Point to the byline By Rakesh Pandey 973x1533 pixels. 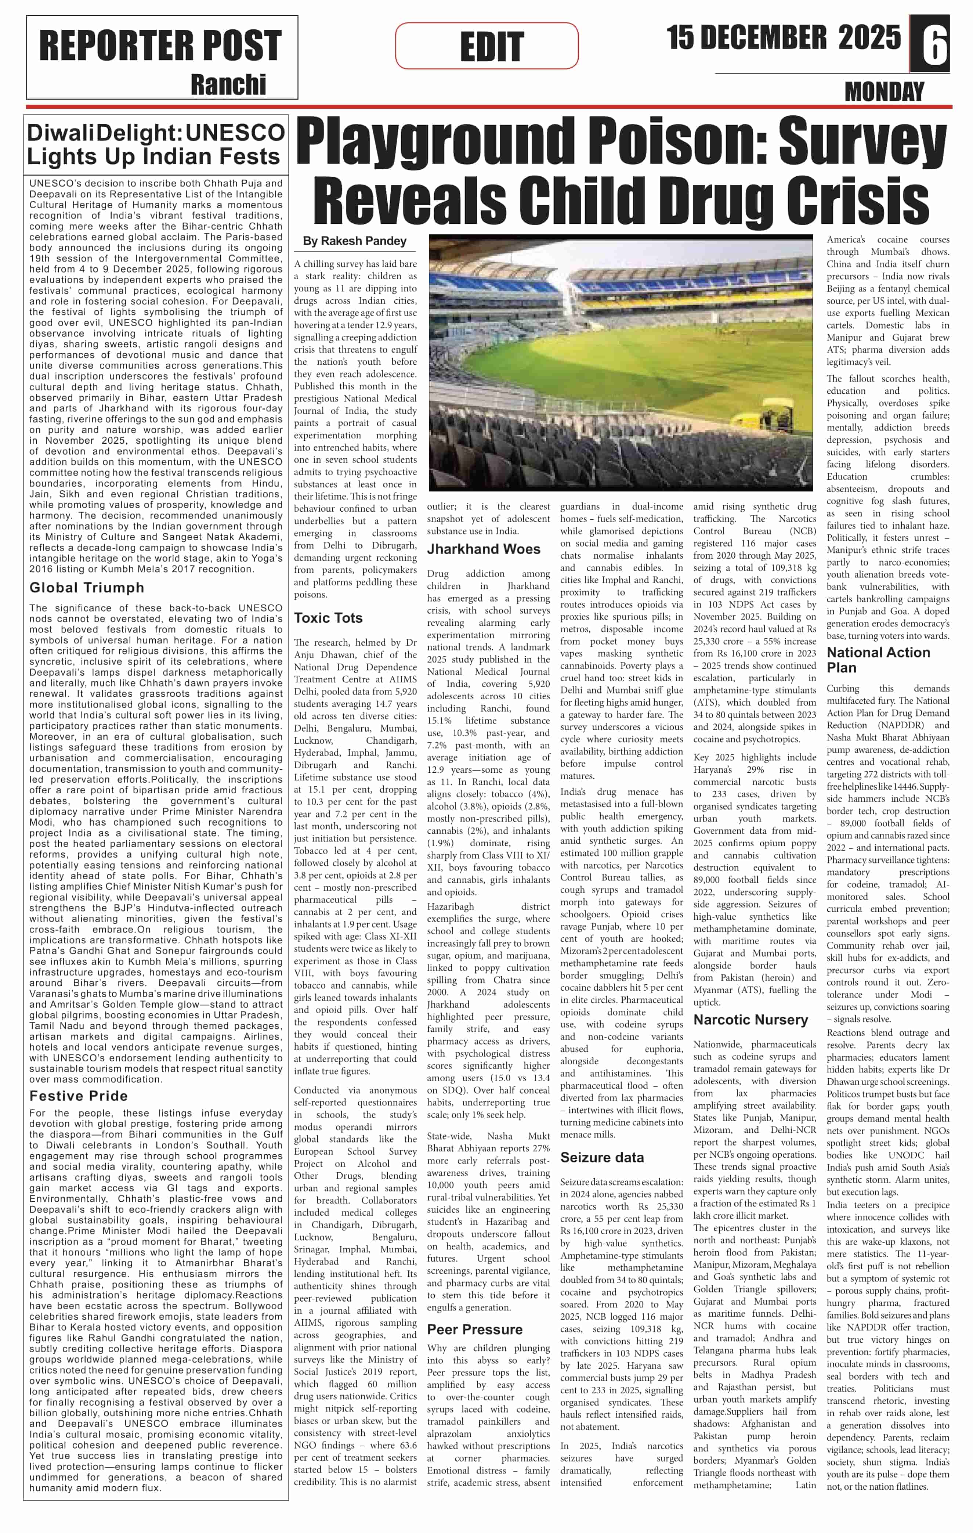tap(354, 241)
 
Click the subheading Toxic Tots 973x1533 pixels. tap(328, 618)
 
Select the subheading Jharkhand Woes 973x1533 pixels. tap(484, 549)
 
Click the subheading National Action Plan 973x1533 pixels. tap(878, 660)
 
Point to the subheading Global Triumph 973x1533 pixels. tap(87, 588)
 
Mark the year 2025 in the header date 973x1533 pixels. tap(869, 38)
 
